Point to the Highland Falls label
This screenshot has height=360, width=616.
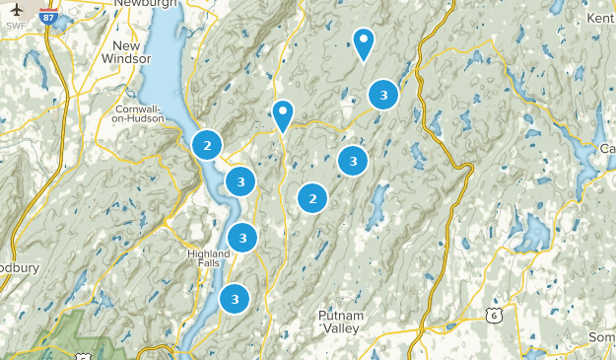[x=208, y=258]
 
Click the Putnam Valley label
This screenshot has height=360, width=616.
[x=341, y=321]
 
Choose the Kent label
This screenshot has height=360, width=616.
[x=599, y=18]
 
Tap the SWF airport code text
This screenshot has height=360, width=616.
[x=16, y=25]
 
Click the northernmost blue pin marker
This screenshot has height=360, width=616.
[x=365, y=42]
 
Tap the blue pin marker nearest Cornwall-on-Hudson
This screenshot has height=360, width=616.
[x=283, y=114]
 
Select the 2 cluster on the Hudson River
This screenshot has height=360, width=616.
[x=207, y=146]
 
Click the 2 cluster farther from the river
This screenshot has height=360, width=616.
[x=312, y=198]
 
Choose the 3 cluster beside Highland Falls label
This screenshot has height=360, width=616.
[x=242, y=238]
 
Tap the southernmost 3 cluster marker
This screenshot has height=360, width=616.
[x=235, y=297]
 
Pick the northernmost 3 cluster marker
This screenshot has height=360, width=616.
[x=382, y=96]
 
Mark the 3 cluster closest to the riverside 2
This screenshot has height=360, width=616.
[x=240, y=180]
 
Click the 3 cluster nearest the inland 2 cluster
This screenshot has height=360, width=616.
[x=353, y=160]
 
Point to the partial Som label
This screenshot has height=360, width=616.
[x=601, y=338]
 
